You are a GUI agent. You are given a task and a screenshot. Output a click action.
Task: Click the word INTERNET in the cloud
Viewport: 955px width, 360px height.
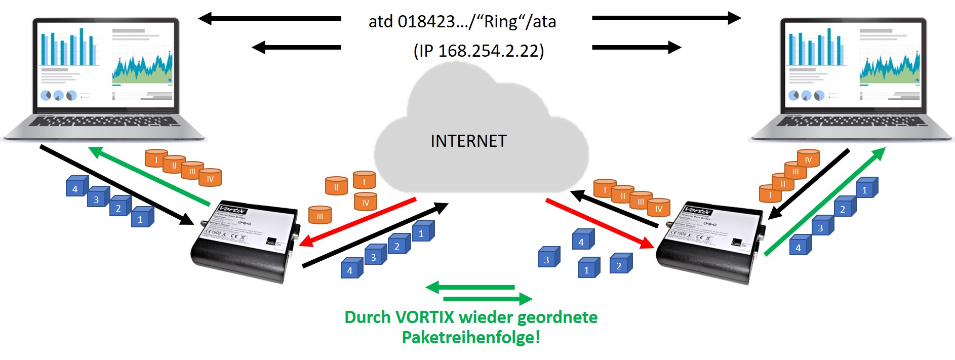point(468,141)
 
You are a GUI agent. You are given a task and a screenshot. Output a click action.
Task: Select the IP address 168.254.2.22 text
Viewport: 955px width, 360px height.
point(489,51)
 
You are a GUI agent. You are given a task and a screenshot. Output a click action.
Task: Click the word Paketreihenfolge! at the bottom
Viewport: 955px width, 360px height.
point(471,337)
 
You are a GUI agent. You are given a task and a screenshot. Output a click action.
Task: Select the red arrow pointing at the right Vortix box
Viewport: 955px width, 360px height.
point(600,223)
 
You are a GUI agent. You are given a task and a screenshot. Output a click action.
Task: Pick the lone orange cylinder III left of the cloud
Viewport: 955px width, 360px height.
point(320,215)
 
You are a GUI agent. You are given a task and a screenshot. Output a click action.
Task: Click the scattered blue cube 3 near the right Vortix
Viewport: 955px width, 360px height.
point(548,257)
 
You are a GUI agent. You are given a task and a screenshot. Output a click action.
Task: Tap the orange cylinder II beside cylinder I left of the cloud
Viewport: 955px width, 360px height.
point(336,186)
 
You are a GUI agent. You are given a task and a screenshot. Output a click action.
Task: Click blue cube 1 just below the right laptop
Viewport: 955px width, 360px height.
point(866,188)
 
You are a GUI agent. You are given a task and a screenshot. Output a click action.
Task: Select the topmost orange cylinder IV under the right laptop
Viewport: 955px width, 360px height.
point(808,158)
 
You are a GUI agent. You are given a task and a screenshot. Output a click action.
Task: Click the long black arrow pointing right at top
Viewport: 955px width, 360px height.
point(666,19)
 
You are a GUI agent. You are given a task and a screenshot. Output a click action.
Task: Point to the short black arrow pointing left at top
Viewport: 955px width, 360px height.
point(296,48)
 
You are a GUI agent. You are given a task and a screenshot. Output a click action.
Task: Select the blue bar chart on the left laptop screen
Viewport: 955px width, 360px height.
point(69,49)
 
